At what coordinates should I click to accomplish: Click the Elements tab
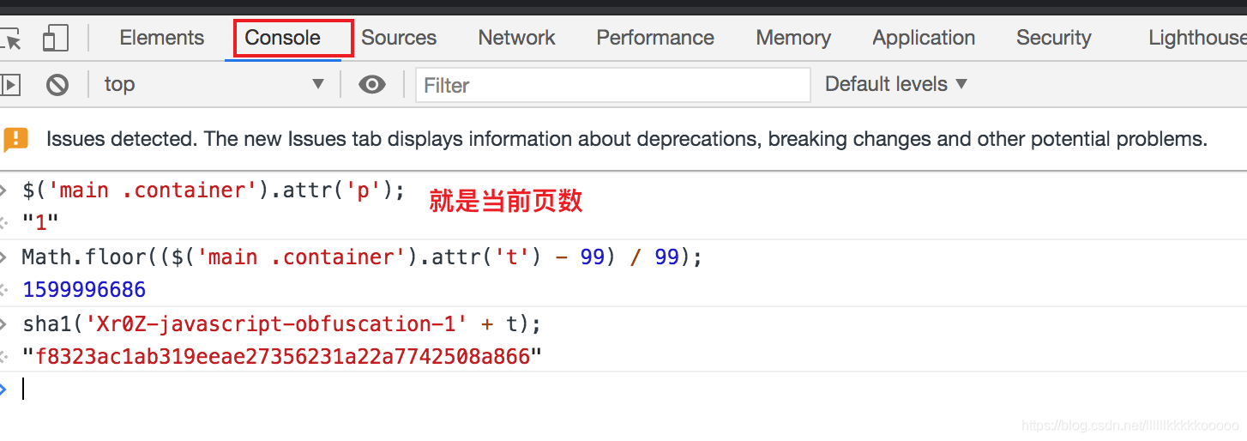[x=161, y=38]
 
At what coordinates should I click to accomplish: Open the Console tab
[x=283, y=38]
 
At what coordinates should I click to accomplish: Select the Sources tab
[x=399, y=38]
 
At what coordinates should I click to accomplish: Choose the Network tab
[x=516, y=38]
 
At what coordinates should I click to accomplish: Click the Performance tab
[x=655, y=38]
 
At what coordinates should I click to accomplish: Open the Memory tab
[x=793, y=38]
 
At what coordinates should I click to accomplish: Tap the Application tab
[x=924, y=38]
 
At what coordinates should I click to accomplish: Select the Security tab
[x=1053, y=38]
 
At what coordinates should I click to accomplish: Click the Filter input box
[x=612, y=85]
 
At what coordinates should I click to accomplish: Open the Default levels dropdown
[x=895, y=84]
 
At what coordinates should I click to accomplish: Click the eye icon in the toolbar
[x=371, y=84]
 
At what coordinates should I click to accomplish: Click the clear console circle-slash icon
[x=57, y=84]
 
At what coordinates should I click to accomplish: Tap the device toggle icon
[x=56, y=38]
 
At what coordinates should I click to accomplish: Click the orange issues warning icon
[x=16, y=139]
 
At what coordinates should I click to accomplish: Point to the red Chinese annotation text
[x=506, y=201]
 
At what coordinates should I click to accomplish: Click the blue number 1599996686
[x=84, y=289]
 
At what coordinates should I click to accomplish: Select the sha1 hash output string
[x=283, y=356]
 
